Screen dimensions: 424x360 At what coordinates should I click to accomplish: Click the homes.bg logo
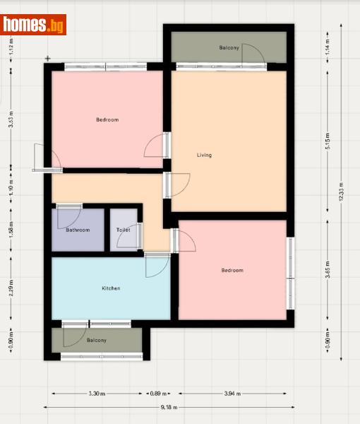pyautogui.click(x=34, y=25)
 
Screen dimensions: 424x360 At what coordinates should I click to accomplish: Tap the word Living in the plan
pyautogui.click(x=204, y=155)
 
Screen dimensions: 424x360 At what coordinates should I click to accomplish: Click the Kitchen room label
pyautogui.click(x=111, y=288)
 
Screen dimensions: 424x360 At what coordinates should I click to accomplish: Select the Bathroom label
pyautogui.click(x=78, y=230)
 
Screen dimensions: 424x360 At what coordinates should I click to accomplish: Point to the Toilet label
pyautogui.click(x=124, y=230)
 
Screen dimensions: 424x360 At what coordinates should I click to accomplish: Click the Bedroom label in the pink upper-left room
pyautogui.click(x=107, y=119)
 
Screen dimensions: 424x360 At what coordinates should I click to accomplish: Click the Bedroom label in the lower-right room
pyautogui.click(x=232, y=271)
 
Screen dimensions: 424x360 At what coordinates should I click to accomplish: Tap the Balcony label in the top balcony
pyautogui.click(x=229, y=47)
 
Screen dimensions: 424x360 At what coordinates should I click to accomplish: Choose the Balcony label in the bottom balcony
pyautogui.click(x=97, y=340)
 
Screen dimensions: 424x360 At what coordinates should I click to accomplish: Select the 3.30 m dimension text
pyautogui.click(x=97, y=394)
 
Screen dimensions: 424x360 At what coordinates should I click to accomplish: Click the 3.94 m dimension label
pyautogui.click(x=232, y=394)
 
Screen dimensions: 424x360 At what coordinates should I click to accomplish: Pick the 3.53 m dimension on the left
pyautogui.click(x=11, y=120)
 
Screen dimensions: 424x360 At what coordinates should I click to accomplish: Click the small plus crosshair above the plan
pyautogui.click(x=48, y=58)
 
